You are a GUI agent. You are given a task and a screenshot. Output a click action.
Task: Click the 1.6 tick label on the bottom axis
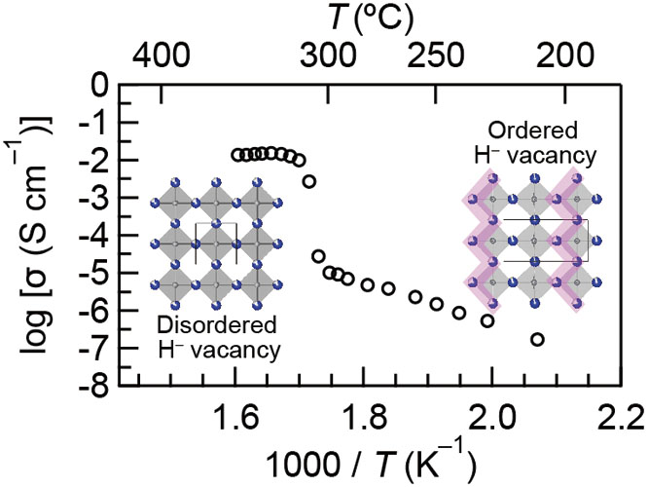click(234, 421)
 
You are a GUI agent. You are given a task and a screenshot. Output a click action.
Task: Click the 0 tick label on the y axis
click(96, 86)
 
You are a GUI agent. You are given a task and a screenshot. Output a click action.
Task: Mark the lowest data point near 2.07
click(537, 340)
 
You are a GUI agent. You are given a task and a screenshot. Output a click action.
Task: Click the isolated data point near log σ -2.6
click(309, 181)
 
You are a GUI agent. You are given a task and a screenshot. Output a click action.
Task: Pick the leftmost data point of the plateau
click(236, 155)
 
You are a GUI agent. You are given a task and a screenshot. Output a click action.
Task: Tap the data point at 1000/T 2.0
click(487, 320)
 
